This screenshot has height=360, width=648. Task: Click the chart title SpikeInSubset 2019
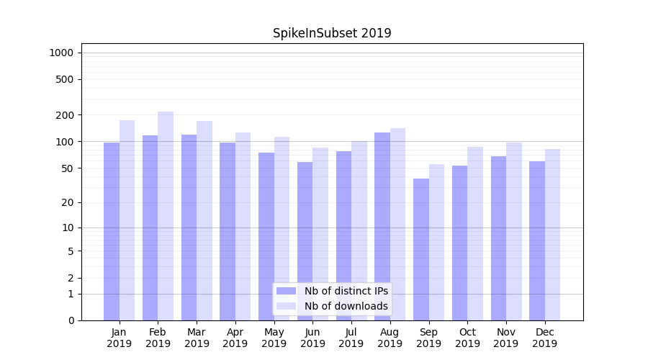pyautogui.click(x=332, y=33)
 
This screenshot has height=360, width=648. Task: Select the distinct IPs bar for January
pyautogui.click(x=112, y=230)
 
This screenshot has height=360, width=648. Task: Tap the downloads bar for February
pyautogui.click(x=166, y=216)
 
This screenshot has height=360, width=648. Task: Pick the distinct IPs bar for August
pyautogui.click(x=382, y=226)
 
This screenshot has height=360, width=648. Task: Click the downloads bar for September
pyautogui.click(x=436, y=242)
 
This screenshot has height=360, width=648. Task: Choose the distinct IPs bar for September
pyautogui.click(x=421, y=249)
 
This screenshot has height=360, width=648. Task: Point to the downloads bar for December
pyautogui.click(x=552, y=235)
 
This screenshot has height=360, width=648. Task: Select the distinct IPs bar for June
pyautogui.click(x=305, y=241)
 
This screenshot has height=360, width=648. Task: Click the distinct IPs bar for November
pyautogui.click(x=498, y=238)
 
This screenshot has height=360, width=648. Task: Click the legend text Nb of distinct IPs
pyautogui.click(x=346, y=291)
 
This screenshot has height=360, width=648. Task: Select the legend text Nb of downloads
pyautogui.click(x=346, y=306)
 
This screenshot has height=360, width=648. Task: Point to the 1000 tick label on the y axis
pyautogui.click(x=61, y=53)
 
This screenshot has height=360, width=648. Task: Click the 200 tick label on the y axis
pyautogui.click(x=64, y=115)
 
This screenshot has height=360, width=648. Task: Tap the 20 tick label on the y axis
pyautogui.click(x=67, y=202)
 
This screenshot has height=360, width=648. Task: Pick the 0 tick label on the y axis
pyautogui.click(x=71, y=320)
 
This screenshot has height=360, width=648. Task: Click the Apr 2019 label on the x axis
pyautogui.click(x=235, y=338)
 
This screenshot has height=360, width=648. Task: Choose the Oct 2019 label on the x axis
pyautogui.click(x=467, y=338)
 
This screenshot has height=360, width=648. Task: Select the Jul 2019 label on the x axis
pyautogui.click(x=351, y=338)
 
